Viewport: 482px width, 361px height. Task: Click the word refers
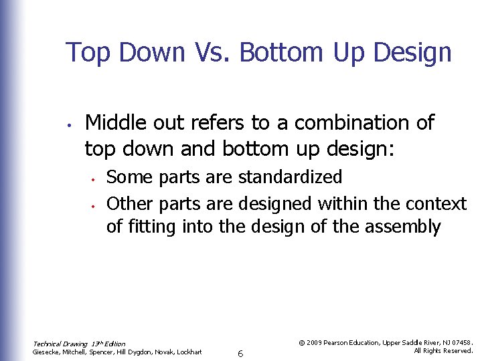(x=220, y=123)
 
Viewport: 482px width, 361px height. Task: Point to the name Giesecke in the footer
(x=48, y=352)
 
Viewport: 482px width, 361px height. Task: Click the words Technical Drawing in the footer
(x=60, y=344)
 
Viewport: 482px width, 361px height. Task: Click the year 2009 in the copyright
(x=315, y=342)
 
